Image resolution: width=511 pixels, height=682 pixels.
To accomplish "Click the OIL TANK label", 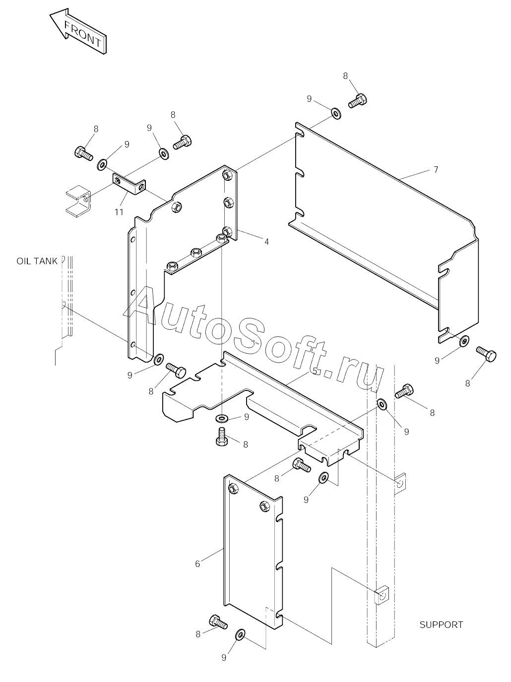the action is (x=37, y=261).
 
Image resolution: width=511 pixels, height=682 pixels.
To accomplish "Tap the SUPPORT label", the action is (x=441, y=625).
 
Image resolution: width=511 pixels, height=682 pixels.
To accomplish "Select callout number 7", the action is (x=436, y=170).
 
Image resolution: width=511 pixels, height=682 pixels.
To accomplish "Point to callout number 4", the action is (x=266, y=241).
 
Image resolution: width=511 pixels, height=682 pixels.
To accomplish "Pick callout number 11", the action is (x=119, y=212).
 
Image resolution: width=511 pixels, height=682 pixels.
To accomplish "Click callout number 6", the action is (x=197, y=563).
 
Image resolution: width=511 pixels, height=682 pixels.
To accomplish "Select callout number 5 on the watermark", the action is (x=315, y=371).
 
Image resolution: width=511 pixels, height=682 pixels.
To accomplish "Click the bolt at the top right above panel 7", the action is (x=357, y=101).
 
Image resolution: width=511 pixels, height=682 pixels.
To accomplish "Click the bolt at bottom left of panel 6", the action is (x=218, y=621).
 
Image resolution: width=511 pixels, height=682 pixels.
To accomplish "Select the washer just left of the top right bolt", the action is (x=336, y=114).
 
